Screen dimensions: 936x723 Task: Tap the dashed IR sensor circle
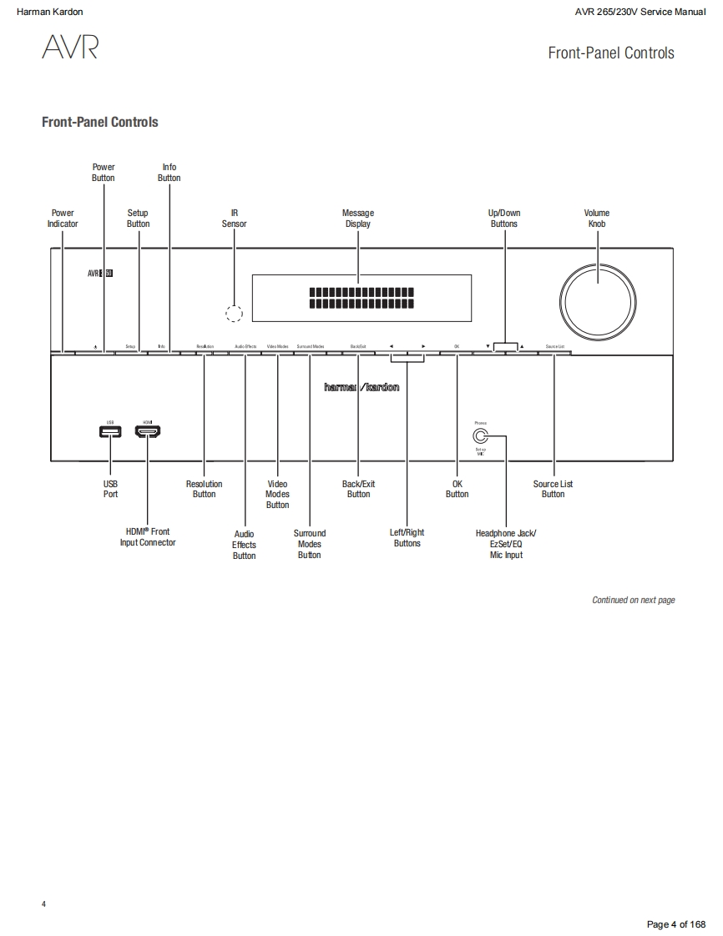(x=235, y=314)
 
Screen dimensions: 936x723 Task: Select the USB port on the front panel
(x=110, y=432)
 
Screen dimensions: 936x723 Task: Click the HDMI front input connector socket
(x=148, y=432)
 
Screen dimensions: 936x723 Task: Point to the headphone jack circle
(x=480, y=435)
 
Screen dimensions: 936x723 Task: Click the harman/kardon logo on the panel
(x=361, y=387)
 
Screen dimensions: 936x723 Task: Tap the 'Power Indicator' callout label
(x=63, y=219)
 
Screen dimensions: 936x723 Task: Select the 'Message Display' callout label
(x=358, y=219)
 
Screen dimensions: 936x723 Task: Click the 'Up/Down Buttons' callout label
(x=504, y=219)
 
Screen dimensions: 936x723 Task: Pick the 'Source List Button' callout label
(x=553, y=489)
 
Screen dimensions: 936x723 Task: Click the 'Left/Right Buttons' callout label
(x=407, y=538)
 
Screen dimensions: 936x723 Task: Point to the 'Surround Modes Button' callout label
(x=309, y=544)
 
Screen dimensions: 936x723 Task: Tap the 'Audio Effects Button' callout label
(x=244, y=545)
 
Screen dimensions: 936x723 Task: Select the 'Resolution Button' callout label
(x=205, y=489)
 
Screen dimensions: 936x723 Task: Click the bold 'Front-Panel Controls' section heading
(x=100, y=123)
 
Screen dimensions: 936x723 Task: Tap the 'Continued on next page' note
(x=633, y=600)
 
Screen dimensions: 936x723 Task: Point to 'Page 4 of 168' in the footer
(x=676, y=923)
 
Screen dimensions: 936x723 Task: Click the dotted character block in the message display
(x=361, y=298)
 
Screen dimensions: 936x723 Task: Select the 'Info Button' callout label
(x=169, y=173)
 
